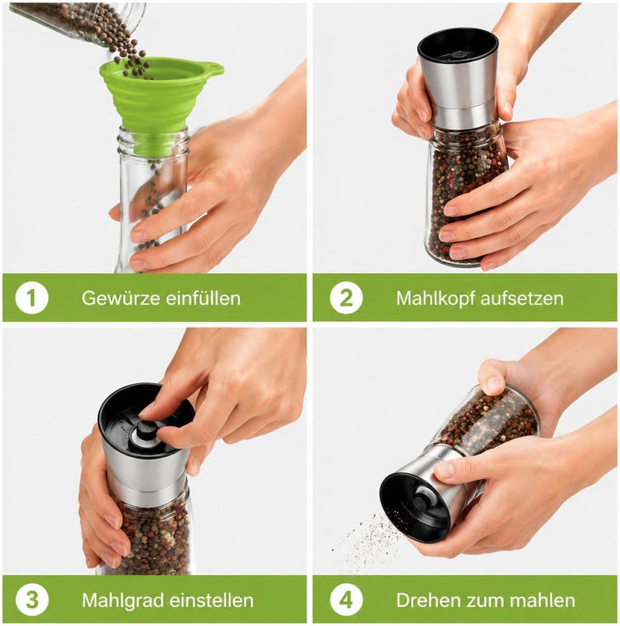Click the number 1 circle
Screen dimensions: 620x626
tap(32, 298)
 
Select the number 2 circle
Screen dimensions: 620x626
tap(346, 298)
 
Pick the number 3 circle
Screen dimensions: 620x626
tap(32, 600)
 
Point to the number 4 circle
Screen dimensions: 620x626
tap(346, 600)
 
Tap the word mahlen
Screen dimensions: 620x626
tap(542, 600)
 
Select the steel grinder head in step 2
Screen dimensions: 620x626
tap(459, 77)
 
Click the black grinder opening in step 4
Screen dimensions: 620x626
tap(415, 505)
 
